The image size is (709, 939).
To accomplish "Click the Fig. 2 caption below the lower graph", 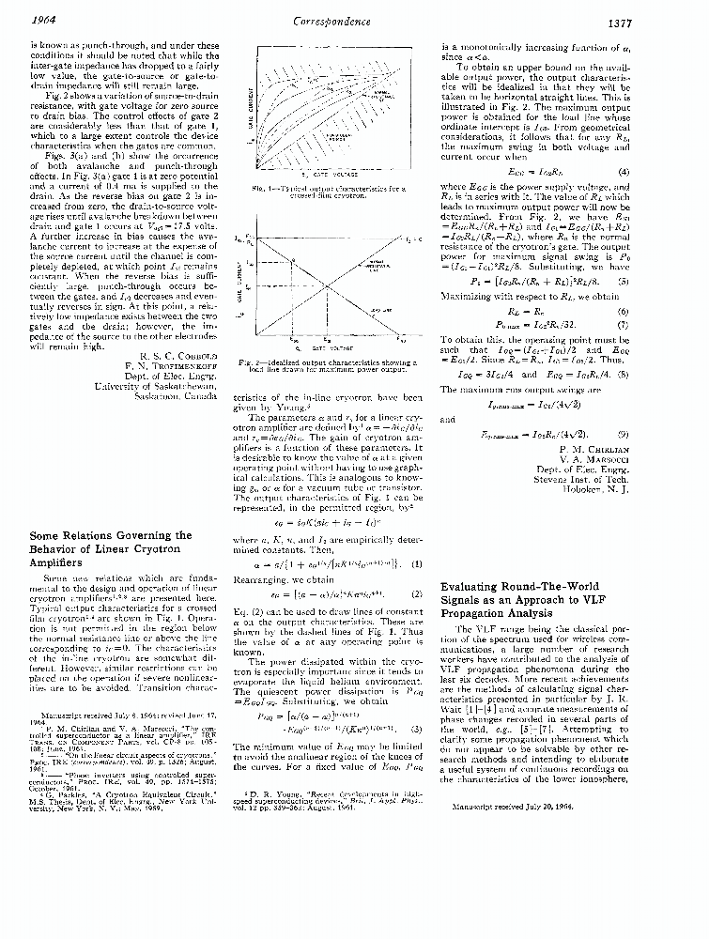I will (x=335, y=365).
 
